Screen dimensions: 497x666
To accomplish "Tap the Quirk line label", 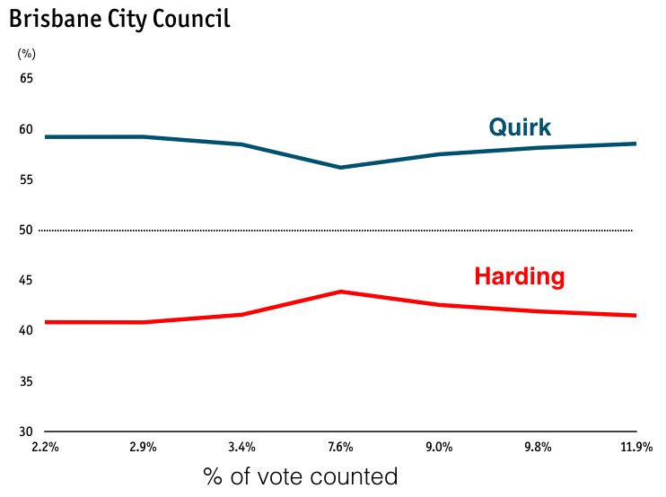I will [x=520, y=127].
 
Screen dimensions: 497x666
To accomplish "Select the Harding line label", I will [x=519, y=277].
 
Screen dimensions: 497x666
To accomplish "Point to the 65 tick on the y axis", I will [x=26, y=79].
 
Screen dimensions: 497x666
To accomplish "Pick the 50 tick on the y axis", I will [x=26, y=231].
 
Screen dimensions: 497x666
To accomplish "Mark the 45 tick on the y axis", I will [x=26, y=281].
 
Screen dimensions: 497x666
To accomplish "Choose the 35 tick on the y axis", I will [x=26, y=382].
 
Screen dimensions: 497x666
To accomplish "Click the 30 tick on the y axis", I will [x=26, y=432].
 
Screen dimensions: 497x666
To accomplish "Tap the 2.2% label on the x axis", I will [x=44, y=447].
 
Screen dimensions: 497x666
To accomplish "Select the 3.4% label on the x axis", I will [x=241, y=447].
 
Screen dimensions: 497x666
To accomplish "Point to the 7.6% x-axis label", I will [x=340, y=447].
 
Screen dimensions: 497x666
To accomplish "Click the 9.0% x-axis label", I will [x=439, y=447].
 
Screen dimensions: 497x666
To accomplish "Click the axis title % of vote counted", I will [x=300, y=476].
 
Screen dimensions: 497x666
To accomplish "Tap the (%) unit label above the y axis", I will [x=26, y=54].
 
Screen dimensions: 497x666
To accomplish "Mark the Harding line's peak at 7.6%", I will [x=340, y=292].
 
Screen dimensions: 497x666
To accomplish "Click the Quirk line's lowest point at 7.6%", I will [x=340, y=168].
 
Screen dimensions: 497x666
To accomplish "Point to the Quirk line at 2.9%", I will [x=143, y=136].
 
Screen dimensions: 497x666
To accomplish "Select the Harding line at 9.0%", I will [x=439, y=305].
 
